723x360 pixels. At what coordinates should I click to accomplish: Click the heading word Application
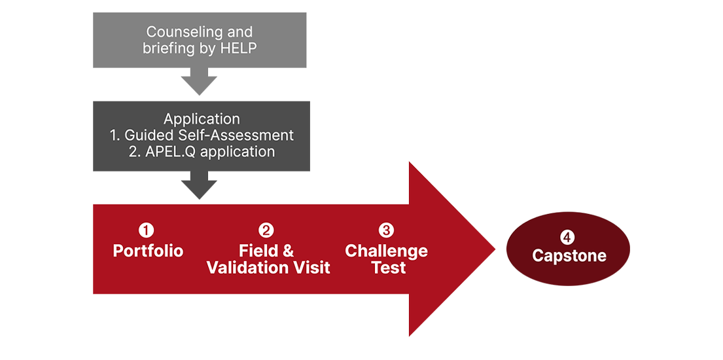pyautogui.click(x=202, y=119)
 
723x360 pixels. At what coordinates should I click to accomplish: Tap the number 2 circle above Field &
pyautogui.click(x=266, y=230)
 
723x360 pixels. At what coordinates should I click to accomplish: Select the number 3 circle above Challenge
pyautogui.click(x=386, y=230)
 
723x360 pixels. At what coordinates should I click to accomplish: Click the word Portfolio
pyautogui.click(x=148, y=251)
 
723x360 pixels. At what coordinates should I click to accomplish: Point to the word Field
pyautogui.click(x=255, y=251)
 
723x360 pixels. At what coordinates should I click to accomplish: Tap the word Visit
pyautogui.click(x=311, y=268)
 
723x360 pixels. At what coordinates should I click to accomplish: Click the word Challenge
pyautogui.click(x=386, y=251)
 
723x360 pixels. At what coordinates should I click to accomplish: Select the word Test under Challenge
pyautogui.click(x=389, y=268)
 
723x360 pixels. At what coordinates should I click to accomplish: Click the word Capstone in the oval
pyautogui.click(x=569, y=255)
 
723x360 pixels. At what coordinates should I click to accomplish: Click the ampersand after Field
pyautogui.click(x=287, y=251)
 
